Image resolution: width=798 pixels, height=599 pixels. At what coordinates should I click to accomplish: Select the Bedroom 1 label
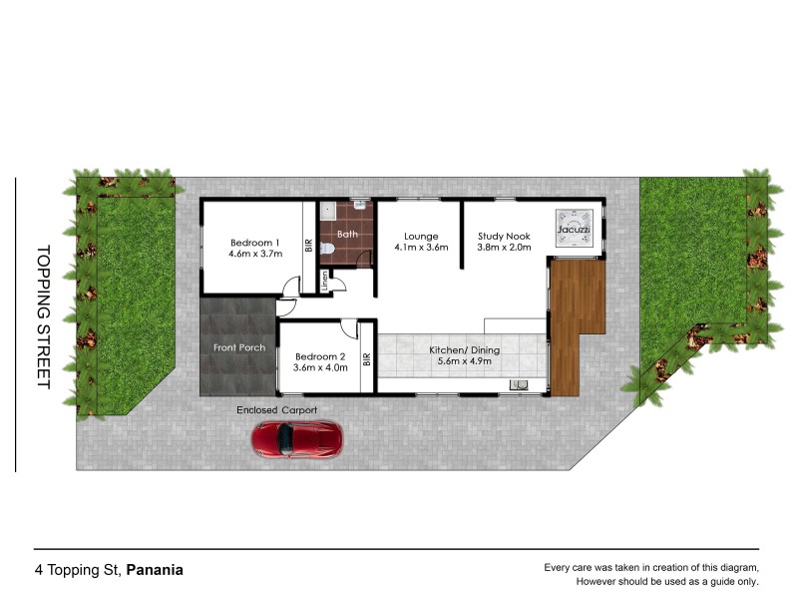tap(254, 242)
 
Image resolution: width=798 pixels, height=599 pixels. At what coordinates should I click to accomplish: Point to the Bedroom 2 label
tap(319, 355)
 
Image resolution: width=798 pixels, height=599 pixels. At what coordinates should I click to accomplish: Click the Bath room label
tap(346, 235)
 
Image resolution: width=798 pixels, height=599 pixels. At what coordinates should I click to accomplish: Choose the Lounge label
tap(421, 236)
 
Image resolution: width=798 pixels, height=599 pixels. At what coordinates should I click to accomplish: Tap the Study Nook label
tap(504, 236)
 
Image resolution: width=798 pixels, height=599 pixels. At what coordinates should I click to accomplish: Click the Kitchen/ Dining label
tap(464, 350)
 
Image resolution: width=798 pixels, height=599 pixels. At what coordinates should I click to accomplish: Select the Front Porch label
tap(239, 347)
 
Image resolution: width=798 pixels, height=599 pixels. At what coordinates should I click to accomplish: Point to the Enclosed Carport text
tap(276, 410)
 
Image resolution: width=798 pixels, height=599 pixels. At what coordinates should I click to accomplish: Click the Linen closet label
tap(325, 282)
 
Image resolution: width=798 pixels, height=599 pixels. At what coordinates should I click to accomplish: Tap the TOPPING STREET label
tap(43, 317)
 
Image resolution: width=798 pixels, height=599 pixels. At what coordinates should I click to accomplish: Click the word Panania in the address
tap(155, 571)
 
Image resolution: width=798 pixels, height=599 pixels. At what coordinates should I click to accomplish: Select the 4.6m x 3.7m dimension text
tap(255, 254)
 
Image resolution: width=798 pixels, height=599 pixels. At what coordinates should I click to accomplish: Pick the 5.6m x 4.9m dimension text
tap(465, 362)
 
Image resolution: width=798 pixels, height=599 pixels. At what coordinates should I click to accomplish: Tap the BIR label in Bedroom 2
tap(367, 359)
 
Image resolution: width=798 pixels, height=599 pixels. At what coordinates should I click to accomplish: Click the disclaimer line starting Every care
tap(650, 568)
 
